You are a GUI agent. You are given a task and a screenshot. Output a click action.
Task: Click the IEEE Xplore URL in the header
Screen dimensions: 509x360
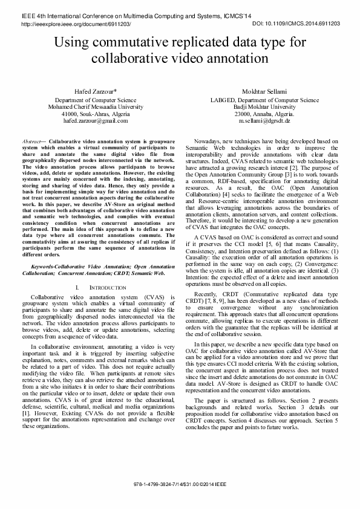pyautogui.click(x=76, y=22)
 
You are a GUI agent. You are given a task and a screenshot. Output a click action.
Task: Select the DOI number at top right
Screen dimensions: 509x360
pyautogui.click(x=296, y=22)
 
